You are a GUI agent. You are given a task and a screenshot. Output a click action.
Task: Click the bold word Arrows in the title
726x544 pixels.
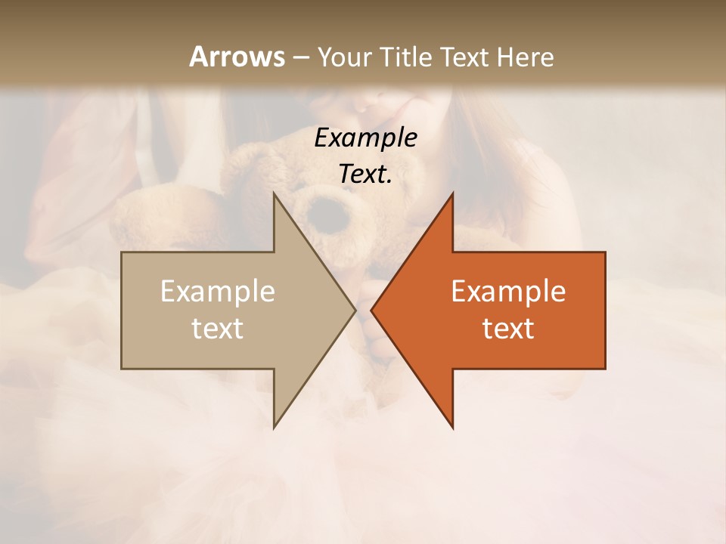click(x=237, y=57)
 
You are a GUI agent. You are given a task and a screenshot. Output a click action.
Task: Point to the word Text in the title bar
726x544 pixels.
click(x=464, y=57)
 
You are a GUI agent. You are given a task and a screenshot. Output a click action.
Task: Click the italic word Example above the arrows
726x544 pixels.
click(x=366, y=138)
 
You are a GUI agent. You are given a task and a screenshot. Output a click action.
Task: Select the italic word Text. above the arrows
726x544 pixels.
click(x=366, y=174)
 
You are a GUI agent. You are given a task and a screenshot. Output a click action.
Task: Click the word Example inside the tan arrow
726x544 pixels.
click(x=218, y=292)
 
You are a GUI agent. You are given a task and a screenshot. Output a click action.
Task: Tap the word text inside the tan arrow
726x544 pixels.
click(x=218, y=329)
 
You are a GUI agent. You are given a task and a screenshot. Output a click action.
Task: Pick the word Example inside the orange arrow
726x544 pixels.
click(x=508, y=292)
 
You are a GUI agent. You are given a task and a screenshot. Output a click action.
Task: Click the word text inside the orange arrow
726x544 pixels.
click(x=508, y=329)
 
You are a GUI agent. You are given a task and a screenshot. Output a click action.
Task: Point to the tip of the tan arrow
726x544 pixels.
click(x=355, y=310)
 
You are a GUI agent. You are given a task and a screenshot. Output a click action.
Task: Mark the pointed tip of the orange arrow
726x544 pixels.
click(x=371, y=310)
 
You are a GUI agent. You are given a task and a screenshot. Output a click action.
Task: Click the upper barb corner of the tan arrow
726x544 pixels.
click(x=274, y=193)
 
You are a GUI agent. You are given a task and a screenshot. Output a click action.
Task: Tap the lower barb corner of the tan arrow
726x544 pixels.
click(x=274, y=428)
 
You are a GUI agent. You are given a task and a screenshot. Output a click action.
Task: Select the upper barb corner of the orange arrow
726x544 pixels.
click(x=452, y=193)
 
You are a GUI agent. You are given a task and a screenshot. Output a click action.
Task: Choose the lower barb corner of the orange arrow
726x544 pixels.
click(x=452, y=428)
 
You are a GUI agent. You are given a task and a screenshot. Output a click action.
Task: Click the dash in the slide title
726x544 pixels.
click(x=300, y=57)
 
